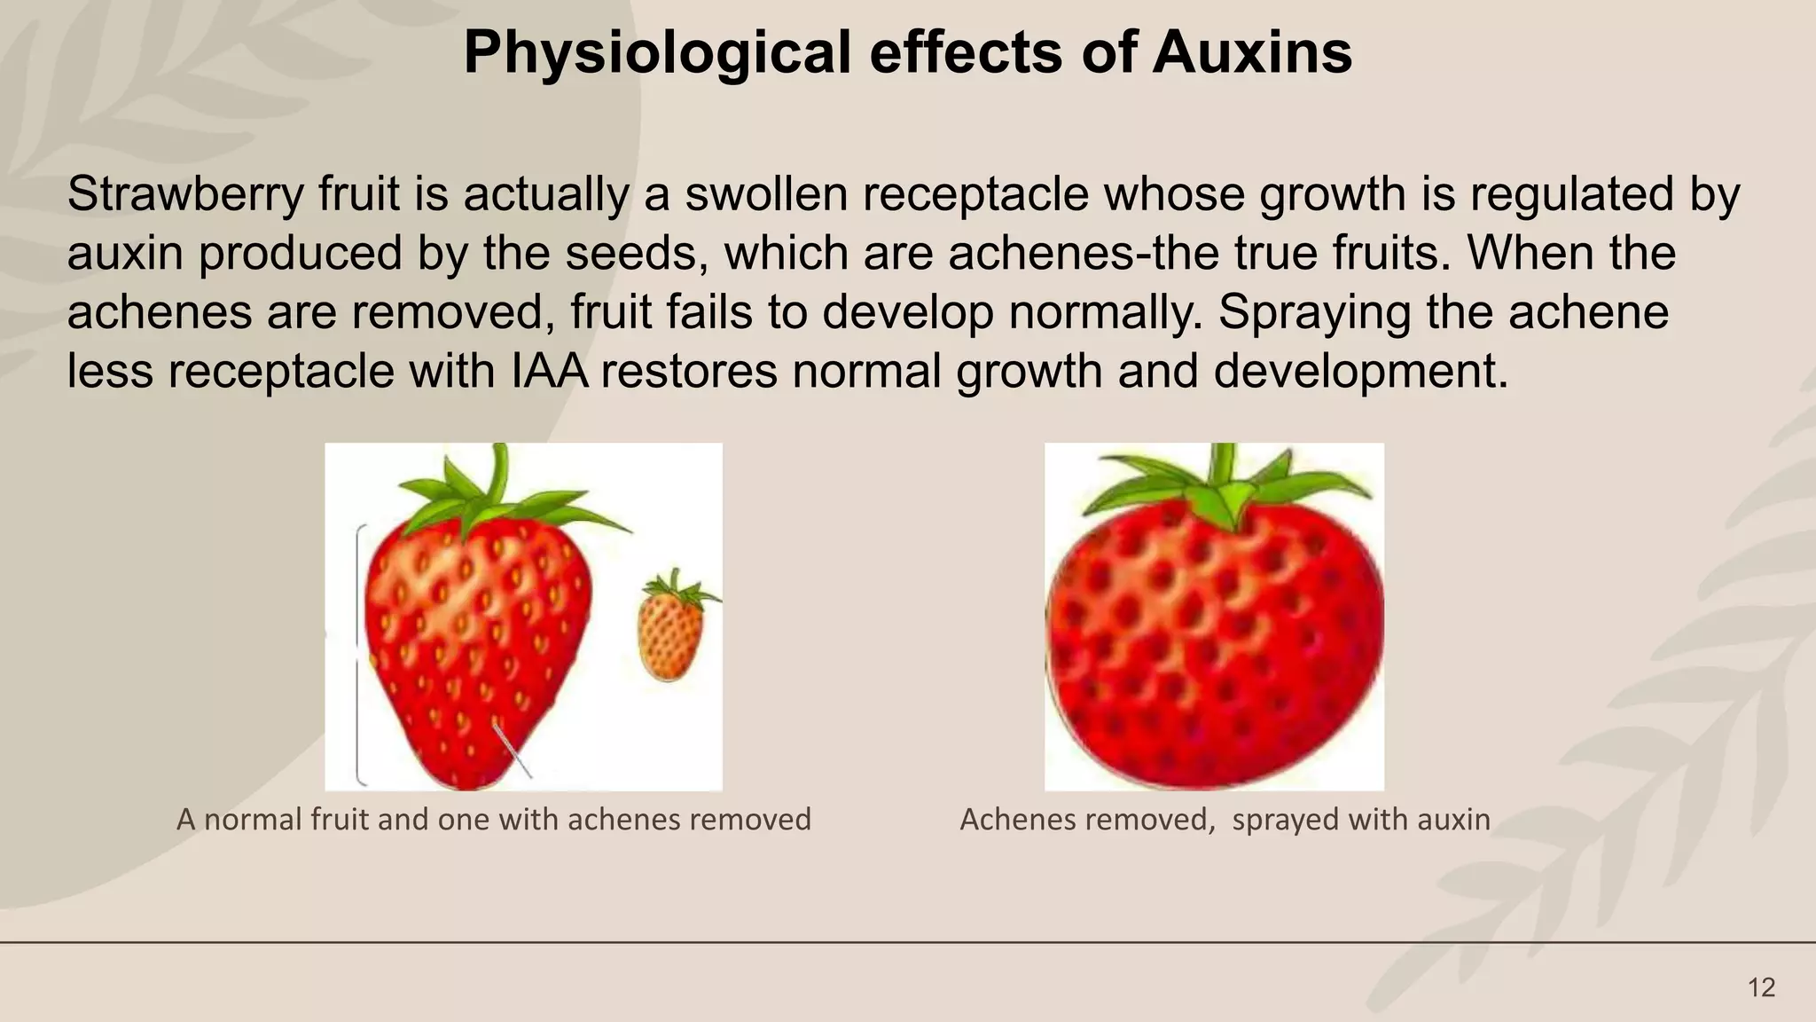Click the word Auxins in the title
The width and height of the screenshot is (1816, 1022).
(1252, 53)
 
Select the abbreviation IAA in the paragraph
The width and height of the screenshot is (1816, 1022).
(550, 371)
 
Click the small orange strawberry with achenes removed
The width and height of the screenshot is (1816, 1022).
(670, 637)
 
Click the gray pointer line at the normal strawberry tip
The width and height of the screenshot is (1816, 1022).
(514, 751)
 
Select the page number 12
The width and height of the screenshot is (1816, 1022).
(1761, 987)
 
